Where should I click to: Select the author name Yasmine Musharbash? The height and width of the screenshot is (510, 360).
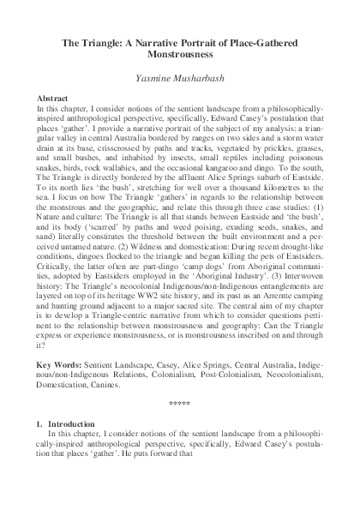180,77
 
